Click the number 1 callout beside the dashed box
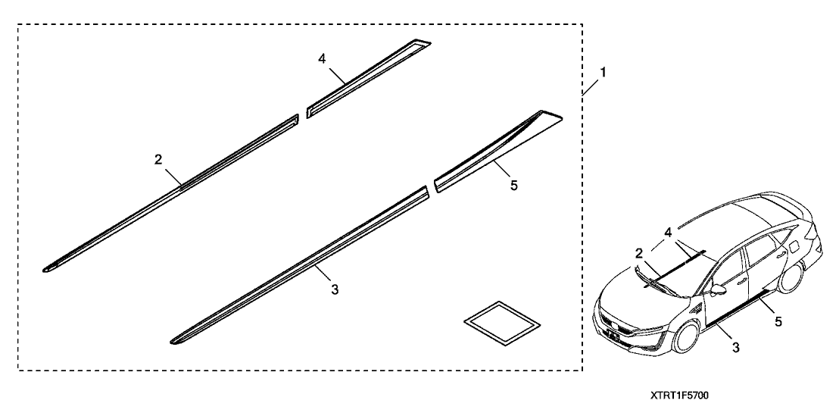603,72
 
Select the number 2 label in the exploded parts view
158,159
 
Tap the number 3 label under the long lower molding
335,290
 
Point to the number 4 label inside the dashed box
322,59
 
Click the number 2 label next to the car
639,253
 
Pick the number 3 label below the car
736,348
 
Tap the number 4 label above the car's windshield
669,233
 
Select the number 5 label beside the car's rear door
778,322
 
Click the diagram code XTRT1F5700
679,396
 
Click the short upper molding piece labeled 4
368,78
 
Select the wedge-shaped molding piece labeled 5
497,152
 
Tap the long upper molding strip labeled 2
170,194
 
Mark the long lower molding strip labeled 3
298,265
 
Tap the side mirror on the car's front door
718,290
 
